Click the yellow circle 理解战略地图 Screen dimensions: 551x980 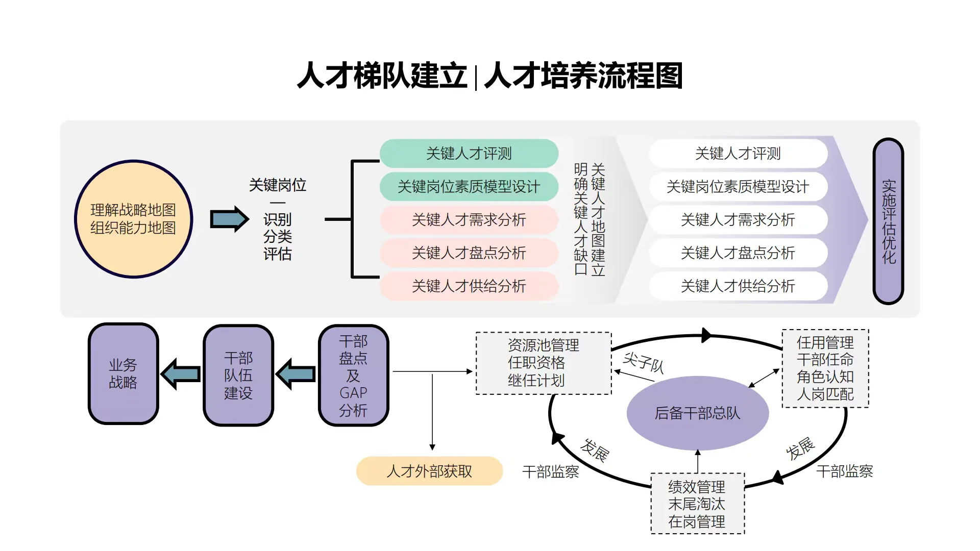(133, 219)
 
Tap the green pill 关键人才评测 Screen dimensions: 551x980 (469, 153)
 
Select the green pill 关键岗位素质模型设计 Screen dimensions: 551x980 (469, 187)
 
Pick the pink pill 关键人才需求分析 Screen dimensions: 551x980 (469, 220)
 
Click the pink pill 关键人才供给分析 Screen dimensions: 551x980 (469, 286)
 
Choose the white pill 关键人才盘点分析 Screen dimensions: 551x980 (738, 253)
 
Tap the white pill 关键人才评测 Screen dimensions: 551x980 (738, 153)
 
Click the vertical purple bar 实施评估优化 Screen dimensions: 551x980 (888, 221)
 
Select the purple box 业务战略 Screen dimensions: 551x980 (123, 373)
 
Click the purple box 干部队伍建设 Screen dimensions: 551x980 (238, 375)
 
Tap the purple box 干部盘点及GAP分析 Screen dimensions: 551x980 (353, 375)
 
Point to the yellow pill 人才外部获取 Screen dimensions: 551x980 (429, 471)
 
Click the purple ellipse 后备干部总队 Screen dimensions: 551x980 (697, 413)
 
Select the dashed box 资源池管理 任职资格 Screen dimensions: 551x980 (544, 363)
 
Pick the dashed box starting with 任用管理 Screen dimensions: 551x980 (825, 368)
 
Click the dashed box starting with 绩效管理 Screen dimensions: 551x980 (697, 504)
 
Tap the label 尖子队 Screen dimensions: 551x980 (643, 363)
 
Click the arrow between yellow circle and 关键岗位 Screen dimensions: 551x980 (229, 219)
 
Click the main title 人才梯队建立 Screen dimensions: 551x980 (382, 76)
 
